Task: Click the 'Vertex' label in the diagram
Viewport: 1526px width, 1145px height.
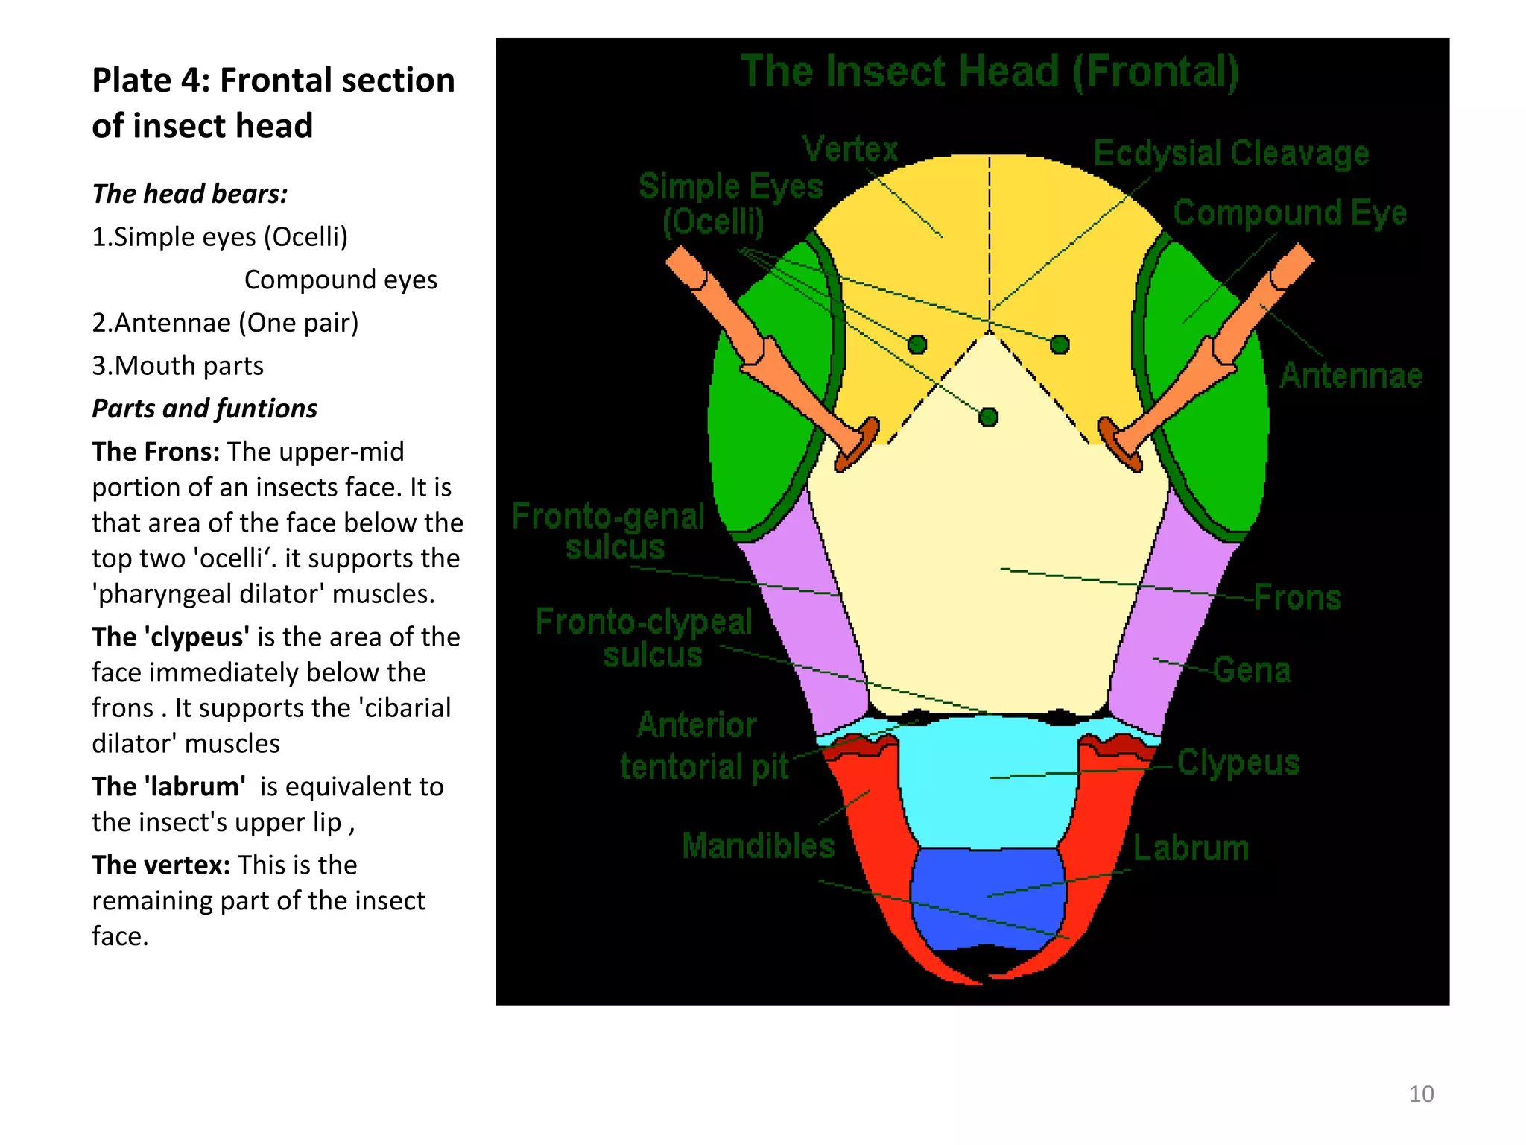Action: coord(850,149)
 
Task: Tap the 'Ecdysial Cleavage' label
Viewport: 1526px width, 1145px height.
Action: coord(1231,154)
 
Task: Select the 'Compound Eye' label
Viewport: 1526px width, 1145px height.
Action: coord(1290,213)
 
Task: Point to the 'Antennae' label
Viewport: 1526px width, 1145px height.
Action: coord(1351,375)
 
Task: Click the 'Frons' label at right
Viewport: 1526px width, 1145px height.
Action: coord(1297,597)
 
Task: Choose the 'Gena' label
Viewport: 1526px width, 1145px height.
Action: coord(1252,669)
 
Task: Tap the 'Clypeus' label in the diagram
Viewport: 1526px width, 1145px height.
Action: coord(1238,763)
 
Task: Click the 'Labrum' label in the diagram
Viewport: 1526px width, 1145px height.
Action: coord(1191,848)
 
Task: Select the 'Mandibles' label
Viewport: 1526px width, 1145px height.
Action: coord(759,846)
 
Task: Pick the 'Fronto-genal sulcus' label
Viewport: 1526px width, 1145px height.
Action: coord(609,532)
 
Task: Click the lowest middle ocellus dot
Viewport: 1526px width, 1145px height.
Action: coord(989,417)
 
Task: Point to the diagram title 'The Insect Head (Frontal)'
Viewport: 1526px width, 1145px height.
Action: coord(990,72)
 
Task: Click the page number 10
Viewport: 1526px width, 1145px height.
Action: coord(1421,1094)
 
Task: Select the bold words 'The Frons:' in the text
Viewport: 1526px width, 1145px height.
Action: coord(156,452)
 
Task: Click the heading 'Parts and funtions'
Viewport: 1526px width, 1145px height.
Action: coord(204,409)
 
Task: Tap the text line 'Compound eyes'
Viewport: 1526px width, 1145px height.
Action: coord(341,280)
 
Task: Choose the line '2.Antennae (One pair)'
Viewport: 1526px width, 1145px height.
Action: coord(225,323)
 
